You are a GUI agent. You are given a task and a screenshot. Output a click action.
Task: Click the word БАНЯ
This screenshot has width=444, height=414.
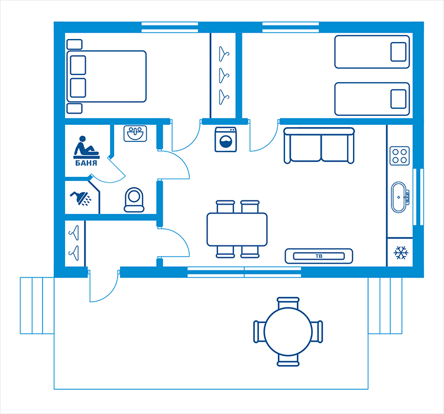pyautogui.click(x=86, y=163)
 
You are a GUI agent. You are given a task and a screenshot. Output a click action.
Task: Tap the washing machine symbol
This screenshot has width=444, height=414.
pyautogui.click(x=226, y=140)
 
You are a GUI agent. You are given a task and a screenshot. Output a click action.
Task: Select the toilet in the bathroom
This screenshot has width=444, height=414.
pyautogui.click(x=134, y=200)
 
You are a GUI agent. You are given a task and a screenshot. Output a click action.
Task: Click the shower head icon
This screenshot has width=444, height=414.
pyautogui.click(x=80, y=198)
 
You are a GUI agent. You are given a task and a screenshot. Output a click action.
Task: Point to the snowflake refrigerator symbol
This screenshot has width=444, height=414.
pyautogui.click(x=401, y=253)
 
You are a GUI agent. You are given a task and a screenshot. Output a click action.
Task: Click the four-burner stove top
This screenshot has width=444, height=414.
pyautogui.click(x=400, y=156)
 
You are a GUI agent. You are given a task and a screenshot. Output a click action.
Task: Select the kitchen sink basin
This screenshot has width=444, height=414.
pyautogui.click(x=398, y=198)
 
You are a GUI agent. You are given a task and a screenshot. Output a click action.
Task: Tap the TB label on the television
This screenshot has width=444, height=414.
pyautogui.click(x=319, y=256)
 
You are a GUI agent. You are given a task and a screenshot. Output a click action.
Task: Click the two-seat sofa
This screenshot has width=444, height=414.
pyautogui.click(x=319, y=145)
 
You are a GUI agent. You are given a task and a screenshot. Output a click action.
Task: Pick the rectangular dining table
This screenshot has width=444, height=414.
pyautogui.click(x=237, y=229)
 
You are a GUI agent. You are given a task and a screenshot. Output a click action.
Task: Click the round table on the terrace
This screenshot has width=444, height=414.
pyautogui.click(x=288, y=332)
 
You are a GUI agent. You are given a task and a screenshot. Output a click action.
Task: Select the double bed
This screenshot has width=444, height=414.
pyautogui.click(x=106, y=76)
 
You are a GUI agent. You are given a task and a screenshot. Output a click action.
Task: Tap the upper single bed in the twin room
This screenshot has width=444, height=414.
pyautogui.click(x=372, y=52)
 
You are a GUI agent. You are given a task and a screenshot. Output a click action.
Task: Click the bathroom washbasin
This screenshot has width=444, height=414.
pyautogui.click(x=135, y=134)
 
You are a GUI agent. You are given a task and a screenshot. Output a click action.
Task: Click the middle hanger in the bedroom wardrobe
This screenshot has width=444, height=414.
pyautogui.click(x=223, y=75)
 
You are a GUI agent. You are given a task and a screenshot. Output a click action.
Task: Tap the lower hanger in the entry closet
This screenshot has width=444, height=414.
pyautogui.click(x=74, y=253)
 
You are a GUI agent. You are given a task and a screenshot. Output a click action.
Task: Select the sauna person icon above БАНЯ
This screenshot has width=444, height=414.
pyautogui.click(x=86, y=147)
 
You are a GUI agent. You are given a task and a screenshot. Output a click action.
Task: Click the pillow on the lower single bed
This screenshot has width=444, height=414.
pyautogui.click(x=398, y=99)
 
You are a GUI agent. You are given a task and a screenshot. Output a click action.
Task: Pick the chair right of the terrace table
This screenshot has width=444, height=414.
pyautogui.click(x=317, y=332)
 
